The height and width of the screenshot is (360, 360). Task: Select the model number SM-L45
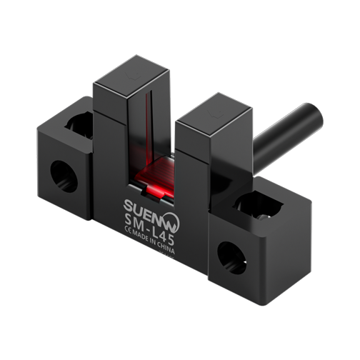(x=149, y=229)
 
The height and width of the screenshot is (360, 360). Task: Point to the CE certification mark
(x=128, y=229)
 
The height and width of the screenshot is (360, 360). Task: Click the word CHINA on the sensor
(x=166, y=247)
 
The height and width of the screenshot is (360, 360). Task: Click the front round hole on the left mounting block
(x=64, y=176)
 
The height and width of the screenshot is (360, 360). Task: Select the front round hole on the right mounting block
(x=231, y=258)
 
